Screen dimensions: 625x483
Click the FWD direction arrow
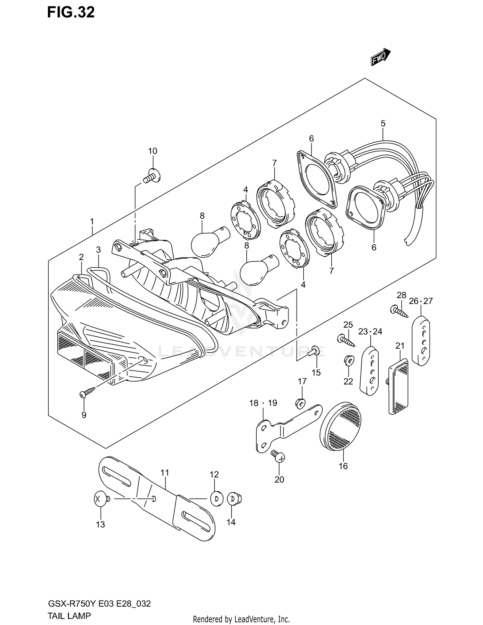(381, 57)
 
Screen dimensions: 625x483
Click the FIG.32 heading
(71, 13)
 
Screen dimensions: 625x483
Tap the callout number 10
(153, 151)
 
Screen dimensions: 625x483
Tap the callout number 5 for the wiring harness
(383, 123)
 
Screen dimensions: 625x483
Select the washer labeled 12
(216, 499)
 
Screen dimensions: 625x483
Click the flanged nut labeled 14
(234, 499)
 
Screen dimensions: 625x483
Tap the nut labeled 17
(300, 402)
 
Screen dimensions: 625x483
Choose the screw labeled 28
(399, 311)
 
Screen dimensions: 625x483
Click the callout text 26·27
(421, 301)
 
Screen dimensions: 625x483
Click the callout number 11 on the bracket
(165, 473)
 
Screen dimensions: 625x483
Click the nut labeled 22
(349, 359)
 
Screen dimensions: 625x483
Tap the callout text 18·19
(263, 403)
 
